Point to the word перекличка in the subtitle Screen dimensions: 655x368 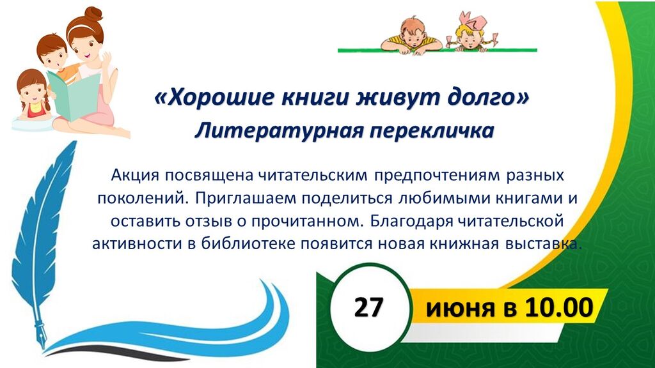pyautogui.click(x=432, y=131)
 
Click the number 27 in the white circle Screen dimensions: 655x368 pyautogui.click(x=368, y=308)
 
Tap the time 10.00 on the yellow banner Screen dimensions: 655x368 pyautogui.click(x=559, y=308)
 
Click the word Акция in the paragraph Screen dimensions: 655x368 pyautogui.click(x=135, y=176)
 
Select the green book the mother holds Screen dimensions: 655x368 pyautogui.click(x=74, y=95)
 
